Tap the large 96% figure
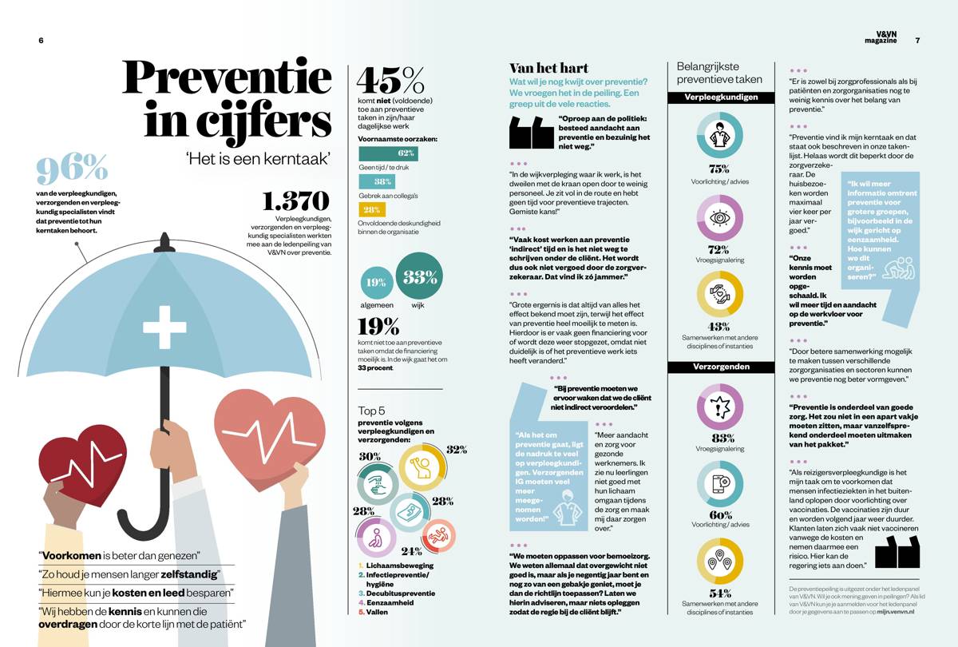coord(72,169)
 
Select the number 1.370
coord(295,201)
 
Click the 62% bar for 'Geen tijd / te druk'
coord(388,153)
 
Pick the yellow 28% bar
coord(372,210)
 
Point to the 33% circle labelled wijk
coord(420,276)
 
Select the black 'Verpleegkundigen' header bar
coord(720,97)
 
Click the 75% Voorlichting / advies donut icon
coord(719,135)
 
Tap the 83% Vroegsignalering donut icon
coord(719,407)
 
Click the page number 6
coord(41,41)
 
